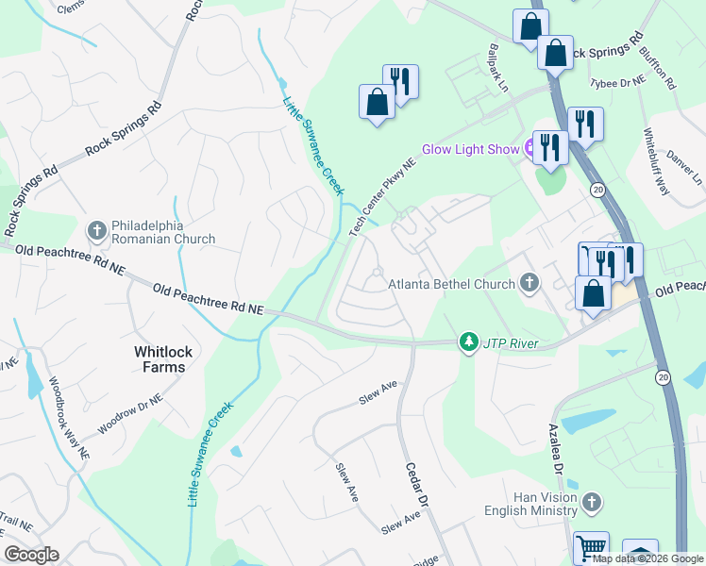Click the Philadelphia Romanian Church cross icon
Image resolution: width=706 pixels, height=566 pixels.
97,230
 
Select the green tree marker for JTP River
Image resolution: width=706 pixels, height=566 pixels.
467,341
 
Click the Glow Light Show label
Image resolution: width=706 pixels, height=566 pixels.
470,149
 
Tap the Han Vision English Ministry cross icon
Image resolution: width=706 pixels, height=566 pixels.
592,501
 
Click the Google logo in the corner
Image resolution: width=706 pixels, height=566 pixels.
31,555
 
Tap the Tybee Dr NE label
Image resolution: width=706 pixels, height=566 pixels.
619,81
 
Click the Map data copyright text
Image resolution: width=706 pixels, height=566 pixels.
647,558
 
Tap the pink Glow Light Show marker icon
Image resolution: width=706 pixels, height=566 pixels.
531,147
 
